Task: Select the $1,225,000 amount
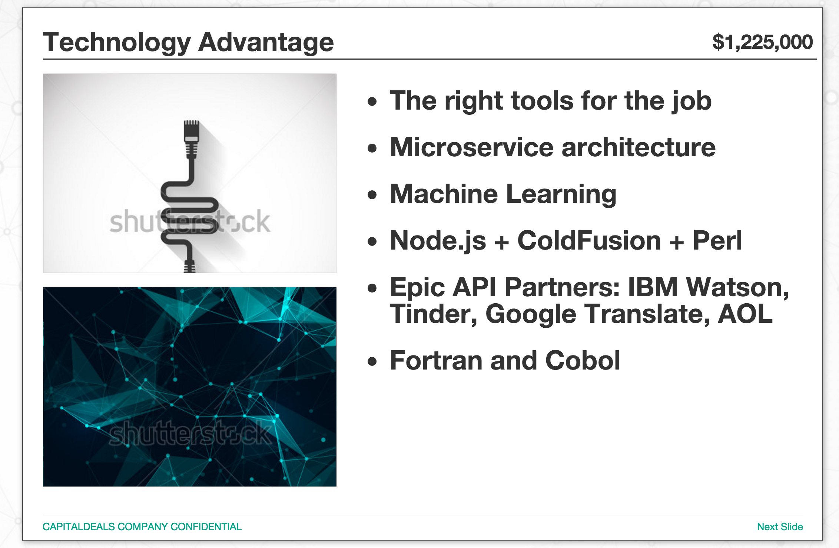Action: [x=763, y=42]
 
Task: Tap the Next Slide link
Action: [x=780, y=527]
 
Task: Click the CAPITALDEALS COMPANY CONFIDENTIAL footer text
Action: [x=142, y=527]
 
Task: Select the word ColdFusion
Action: [x=589, y=241]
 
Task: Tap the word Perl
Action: [x=717, y=241]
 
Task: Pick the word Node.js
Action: [x=438, y=241]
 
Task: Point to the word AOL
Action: [x=745, y=314]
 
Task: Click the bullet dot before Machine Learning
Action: [x=372, y=195]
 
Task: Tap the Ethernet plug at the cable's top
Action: [x=192, y=139]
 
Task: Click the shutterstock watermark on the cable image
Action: [x=190, y=222]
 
